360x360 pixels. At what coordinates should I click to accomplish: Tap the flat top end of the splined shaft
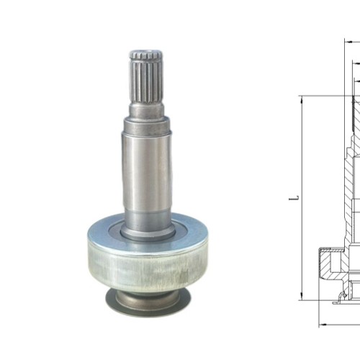click(x=147, y=54)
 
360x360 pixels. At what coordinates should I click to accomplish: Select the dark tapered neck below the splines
click(x=147, y=111)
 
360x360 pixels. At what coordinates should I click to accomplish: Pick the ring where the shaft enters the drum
click(x=147, y=232)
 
